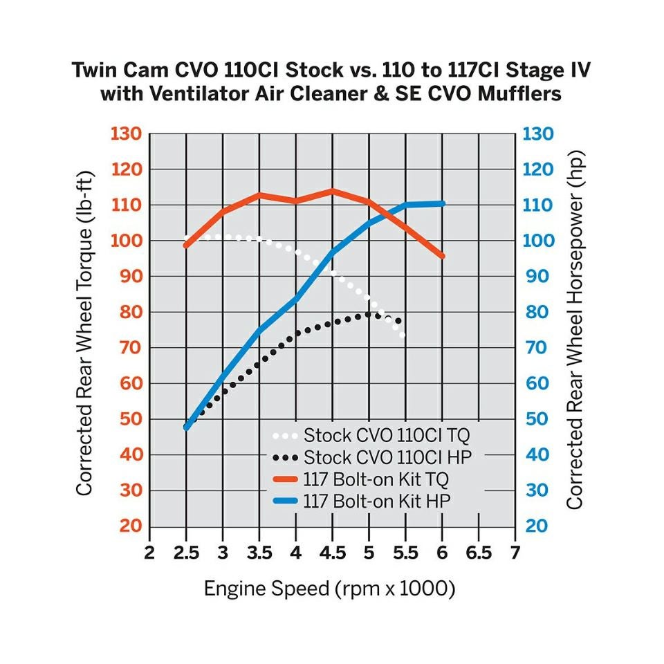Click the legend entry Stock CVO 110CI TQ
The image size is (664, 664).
tap(387, 436)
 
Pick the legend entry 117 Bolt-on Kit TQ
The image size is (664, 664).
tap(376, 479)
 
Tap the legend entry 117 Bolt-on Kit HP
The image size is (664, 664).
tap(376, 501)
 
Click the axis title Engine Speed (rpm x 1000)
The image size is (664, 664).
tap(329, 589)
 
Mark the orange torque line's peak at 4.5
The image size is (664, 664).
tap(333, 190)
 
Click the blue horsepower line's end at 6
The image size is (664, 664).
tap(442, 203)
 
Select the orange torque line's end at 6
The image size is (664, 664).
tap(442, 257)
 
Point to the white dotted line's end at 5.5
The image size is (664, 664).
tap(403, 336)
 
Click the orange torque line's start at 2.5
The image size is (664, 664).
tap(186, 246)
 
